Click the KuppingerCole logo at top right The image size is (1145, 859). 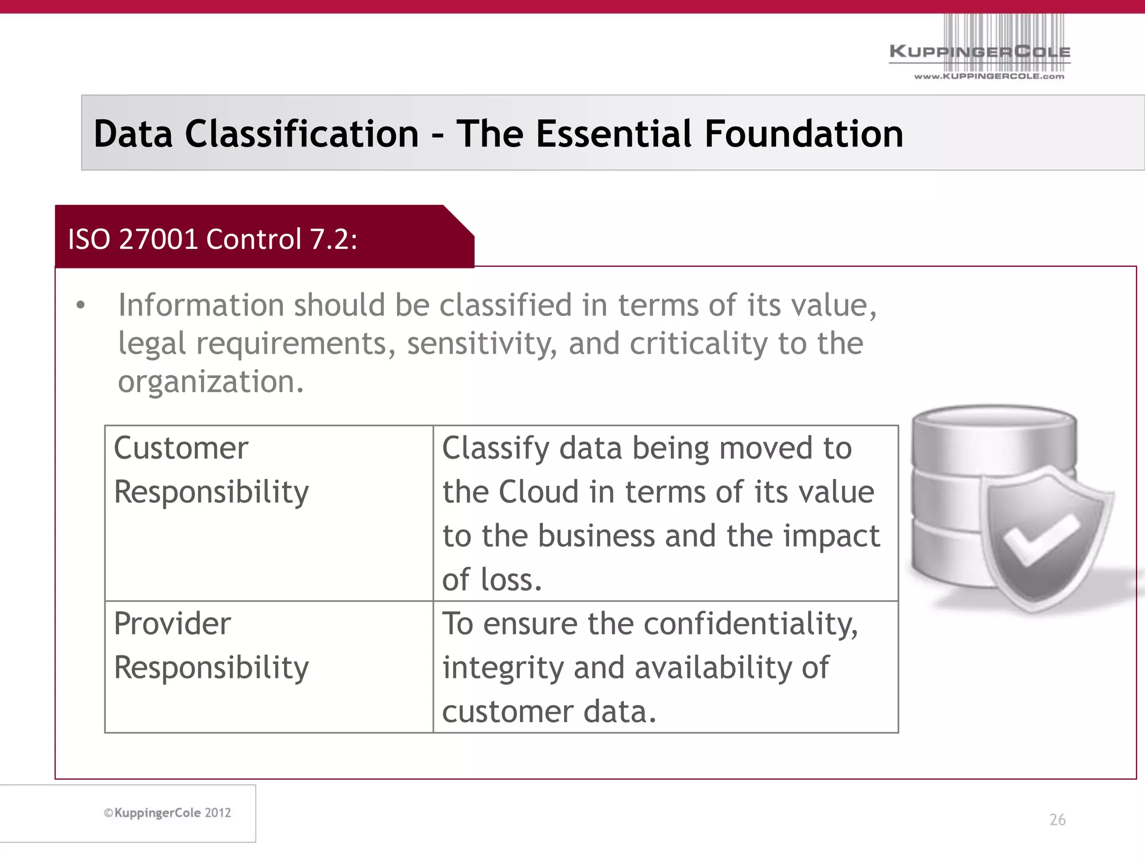pos(980,51)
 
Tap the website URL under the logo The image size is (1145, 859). pos(989,77)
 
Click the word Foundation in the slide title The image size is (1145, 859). pos(803,134)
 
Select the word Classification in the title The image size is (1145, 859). pos(302,134)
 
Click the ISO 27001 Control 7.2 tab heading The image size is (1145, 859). pos(212,239)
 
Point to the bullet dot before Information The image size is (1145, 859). pos(81,305)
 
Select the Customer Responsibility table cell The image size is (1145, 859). pos(268,513)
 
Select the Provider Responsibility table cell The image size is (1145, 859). pos(268,667)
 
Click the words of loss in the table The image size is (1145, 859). pos(492,579)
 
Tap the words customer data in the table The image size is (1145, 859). pos(549,712)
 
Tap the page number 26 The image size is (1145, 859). pos(1057,820)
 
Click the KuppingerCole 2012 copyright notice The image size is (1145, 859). pos(168,813)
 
